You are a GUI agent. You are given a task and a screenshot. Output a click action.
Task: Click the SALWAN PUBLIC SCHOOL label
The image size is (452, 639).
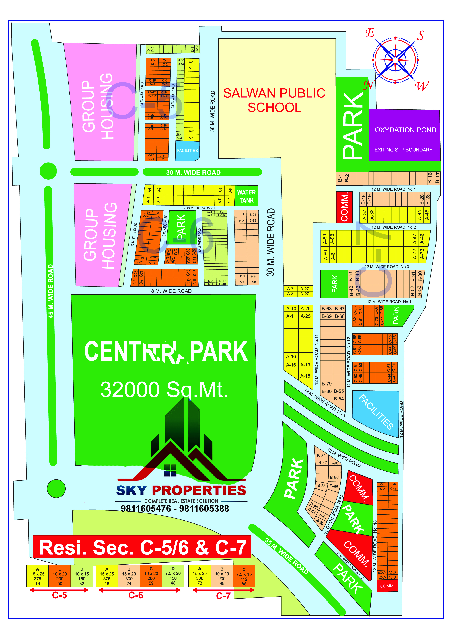click(x=274, y=100)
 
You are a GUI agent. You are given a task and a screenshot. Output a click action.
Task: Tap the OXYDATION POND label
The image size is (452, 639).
click(x=405, y=130)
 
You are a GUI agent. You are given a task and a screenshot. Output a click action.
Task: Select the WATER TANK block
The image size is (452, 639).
click(x=246, y=196)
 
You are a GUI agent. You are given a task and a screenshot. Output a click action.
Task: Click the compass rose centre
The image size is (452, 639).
click(x=395, y=60)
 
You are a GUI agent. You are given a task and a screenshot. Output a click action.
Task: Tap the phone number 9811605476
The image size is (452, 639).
click(x=146, y=509)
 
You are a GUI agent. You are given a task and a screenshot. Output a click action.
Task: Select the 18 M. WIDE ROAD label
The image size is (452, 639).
click(x=170, y=291)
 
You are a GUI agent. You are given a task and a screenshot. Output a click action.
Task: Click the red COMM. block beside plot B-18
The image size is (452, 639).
click(x=344, y=207)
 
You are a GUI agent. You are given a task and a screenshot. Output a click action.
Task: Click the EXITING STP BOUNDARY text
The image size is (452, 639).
click(x=403, y=150)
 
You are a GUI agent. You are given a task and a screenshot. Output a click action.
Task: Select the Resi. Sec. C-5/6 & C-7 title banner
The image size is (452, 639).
click(x=142, y=547)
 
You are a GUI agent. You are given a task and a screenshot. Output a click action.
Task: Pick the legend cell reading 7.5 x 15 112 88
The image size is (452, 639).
click(x=244, y=576)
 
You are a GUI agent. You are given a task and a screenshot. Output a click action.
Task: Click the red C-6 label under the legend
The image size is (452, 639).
click(x=136, y=595)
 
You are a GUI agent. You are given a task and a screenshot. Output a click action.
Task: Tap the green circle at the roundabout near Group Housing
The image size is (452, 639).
click(x=48, y=171)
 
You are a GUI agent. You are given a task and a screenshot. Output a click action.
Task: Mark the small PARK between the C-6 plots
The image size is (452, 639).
click(x=182, y=227)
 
